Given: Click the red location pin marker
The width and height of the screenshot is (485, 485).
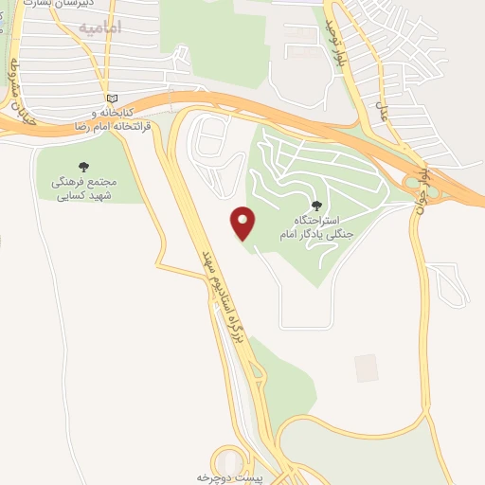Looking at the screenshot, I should pyautogui.click(x=243, y=224).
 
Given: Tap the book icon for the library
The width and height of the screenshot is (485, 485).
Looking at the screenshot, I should pyautogui.click(x=113, y=98).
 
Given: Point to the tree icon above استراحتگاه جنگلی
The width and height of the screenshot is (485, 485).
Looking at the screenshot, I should pyautogui.click(x=315, y=206).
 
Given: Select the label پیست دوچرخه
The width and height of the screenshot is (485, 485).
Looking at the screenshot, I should pyautogui.click(x=227, y=477).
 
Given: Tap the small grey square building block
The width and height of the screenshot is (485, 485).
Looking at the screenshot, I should pyautogui.click(x=366, y=368).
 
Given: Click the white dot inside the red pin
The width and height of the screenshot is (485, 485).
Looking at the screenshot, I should pyautogui.click(x=243, y=219).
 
